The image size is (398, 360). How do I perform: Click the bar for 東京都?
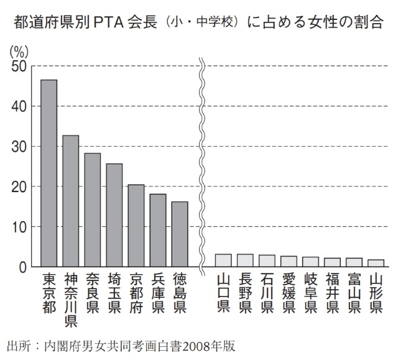pyautogui.click(x=49, y=174)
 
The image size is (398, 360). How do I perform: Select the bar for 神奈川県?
pyautogui.click(x=70, y=201)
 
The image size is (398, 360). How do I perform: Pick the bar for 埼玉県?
pyautogui.click(x=114, y=216)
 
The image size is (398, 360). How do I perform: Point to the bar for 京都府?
pyautogui.click(x=136, y=226)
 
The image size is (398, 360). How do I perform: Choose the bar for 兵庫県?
pyautogui.click(x=158, y=231)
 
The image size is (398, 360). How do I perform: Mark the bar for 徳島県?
pyautogui.click(x=180, y=234)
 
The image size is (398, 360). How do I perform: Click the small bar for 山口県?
pyautogui.click(x=223, y=261)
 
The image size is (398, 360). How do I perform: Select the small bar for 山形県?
pyautogui.click(x=376, y=263)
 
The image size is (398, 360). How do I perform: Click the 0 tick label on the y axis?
pyautogui.click(x=22, y=267)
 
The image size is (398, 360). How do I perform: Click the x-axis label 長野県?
pyautogui.click(x=245, y=293)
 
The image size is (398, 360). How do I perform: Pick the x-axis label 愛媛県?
pyautogui.click(x=289, y=293)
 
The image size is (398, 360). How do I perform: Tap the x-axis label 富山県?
pyautogui.click(x=354, y=293)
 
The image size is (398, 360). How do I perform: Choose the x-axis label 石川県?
pyautogui.click(x=267, y=293)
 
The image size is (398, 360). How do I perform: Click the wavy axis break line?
pyautogui.click(x=202, y=165)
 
